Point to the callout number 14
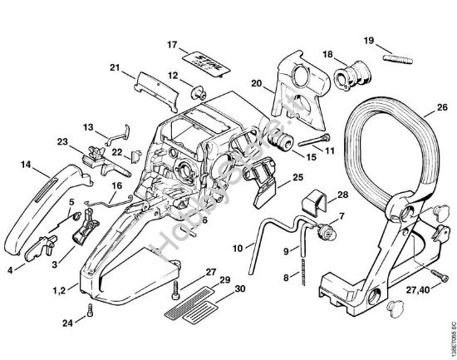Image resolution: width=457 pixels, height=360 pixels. pyautogui.click(x=26, y=165)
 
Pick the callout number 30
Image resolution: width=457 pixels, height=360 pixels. pyautogui.click(x=240, y=288)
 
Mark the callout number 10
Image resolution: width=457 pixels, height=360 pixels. pyautogui.click(x=238, y=248)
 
